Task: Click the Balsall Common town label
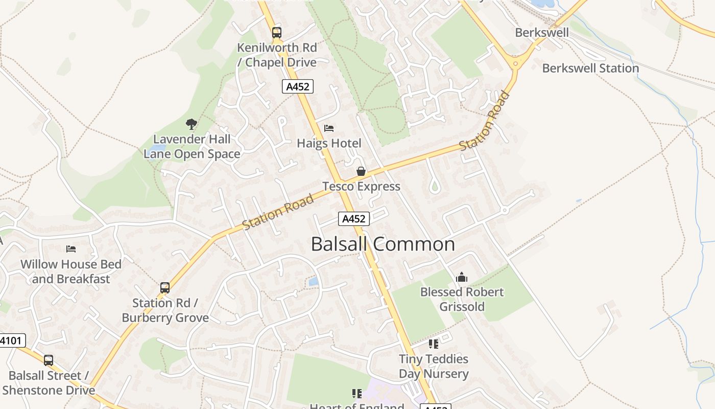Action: pyautogui.click(x=383, y=244)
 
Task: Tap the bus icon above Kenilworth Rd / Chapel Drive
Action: pyautogui.click(x=276, y=33)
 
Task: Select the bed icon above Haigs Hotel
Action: pyautogui.click(x=329, y=128)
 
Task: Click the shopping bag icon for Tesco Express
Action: pyautogui.click(x=361, y=171)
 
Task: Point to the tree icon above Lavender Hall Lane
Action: pyautogui.click(x=192, y=124)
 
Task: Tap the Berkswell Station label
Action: pyautogui.click(x=590, y=68)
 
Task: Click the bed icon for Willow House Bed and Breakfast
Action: pyautogui.click(x=71, y=249)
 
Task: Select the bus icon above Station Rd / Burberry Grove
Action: pyautogui.click(x=165, y=288)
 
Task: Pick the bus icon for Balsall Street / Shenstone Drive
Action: pyautogui.click(x=49, y=360)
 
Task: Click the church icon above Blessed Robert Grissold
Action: pyautogui.click(x=462, y=277)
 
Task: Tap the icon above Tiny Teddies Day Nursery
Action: pyautogui.click(x=434, y=344)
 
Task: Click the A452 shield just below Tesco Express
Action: pyautogui.click(x=353, y=219)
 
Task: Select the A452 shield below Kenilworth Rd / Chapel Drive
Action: pyautogui.click(x=297, y=86)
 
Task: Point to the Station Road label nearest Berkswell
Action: pyautogui.click(x=485, y=121)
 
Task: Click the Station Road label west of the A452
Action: pyautogui.click(x=278, y=212)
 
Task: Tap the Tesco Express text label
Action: pyautogui.click(x=361, y=186)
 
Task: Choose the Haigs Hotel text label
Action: pyautogui.click(x=329, y=143)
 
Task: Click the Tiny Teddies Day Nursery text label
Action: pyautogui.click(x=434, y=366)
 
